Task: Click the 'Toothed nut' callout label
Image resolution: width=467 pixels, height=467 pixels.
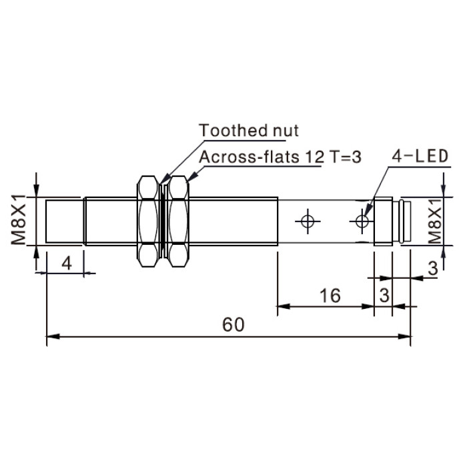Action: pyautogui.click(x=249, y=131)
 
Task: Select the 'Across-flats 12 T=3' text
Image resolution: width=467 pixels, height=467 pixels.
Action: pyautogui.click(x=280, y=157)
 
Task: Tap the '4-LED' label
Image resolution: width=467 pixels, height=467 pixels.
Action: pyautogui.click(x=420, y=156)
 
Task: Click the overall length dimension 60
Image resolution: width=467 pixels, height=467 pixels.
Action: pyautogui.click(x=233, y=325)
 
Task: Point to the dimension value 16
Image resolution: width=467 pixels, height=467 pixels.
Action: pyautogui.click(x=330, y=296)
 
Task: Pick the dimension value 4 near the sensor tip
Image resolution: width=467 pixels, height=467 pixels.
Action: pyautogui.click(x=67, y=264)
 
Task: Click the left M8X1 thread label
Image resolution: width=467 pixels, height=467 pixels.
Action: pyautogui.click(x=19, y=219)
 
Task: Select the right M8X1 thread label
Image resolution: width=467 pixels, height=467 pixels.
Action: pyautogui.click(x=435, y=221)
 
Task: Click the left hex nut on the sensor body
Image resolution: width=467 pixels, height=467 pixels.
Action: pyautogui.click(x=148, y=221)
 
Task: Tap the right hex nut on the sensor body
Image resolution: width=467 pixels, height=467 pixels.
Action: pyautogui.click(x=178, y=221)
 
